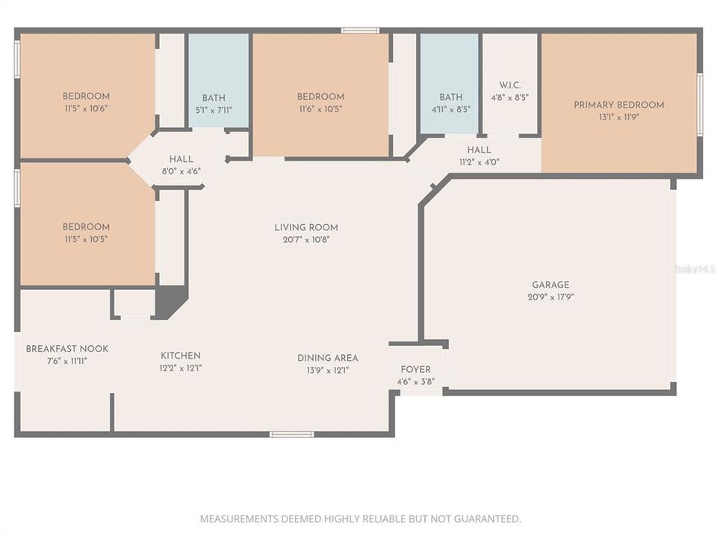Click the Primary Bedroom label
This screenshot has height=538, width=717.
click(618, 105)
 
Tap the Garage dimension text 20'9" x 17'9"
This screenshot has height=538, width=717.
click(550, 297)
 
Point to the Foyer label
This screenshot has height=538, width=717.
click(415, 370)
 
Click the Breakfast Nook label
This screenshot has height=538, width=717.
click(67, 349)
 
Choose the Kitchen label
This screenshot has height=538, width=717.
click(181, 356)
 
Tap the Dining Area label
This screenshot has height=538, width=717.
click(327, 358)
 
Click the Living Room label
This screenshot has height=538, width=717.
click(306, 228)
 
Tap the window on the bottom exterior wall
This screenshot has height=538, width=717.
click(291, 434)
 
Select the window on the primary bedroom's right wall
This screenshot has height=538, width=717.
click(700, 105)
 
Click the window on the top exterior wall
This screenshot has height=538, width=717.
click(360, 31)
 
